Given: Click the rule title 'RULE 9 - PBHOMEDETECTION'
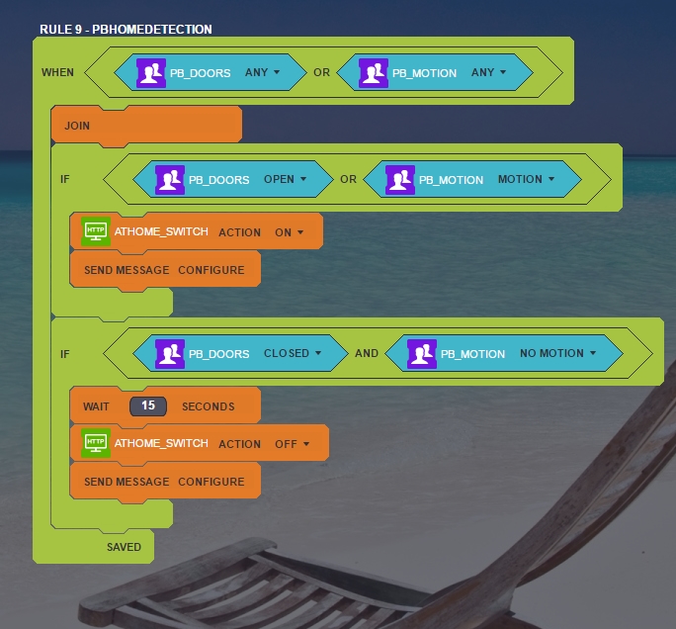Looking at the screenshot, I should (x=126, y=30).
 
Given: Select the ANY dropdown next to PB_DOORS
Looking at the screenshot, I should (x=262, y=72).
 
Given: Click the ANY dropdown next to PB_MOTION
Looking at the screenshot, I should (x=488, y=72).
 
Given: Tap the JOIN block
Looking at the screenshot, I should (x=77, y=126).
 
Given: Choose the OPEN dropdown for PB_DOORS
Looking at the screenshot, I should (x=285, y=179).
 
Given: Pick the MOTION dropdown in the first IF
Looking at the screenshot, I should (x=526, y=179).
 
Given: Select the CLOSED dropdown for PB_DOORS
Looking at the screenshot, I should (x=292, y=353).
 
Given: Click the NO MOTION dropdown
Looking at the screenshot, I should (x=558, y=353).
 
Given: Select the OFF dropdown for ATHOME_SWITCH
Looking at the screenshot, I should (x=292, y=444).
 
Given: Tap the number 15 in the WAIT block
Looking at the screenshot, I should (x=148, y=405).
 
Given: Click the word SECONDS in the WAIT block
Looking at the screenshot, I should (x=208, y=406).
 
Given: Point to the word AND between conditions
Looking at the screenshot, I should (x=367, y=353).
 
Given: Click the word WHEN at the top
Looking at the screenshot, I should (x=57, y=72).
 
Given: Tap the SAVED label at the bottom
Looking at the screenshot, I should (x=124, y=547).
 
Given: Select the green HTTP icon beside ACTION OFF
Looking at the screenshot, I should (x=96, y=443).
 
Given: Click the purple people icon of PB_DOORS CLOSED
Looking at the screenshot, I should (x=170, y=353).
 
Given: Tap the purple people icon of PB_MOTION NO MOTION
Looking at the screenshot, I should (x=422, y=353).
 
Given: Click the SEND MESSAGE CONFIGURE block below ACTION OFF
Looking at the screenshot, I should (x=164, y=482).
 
